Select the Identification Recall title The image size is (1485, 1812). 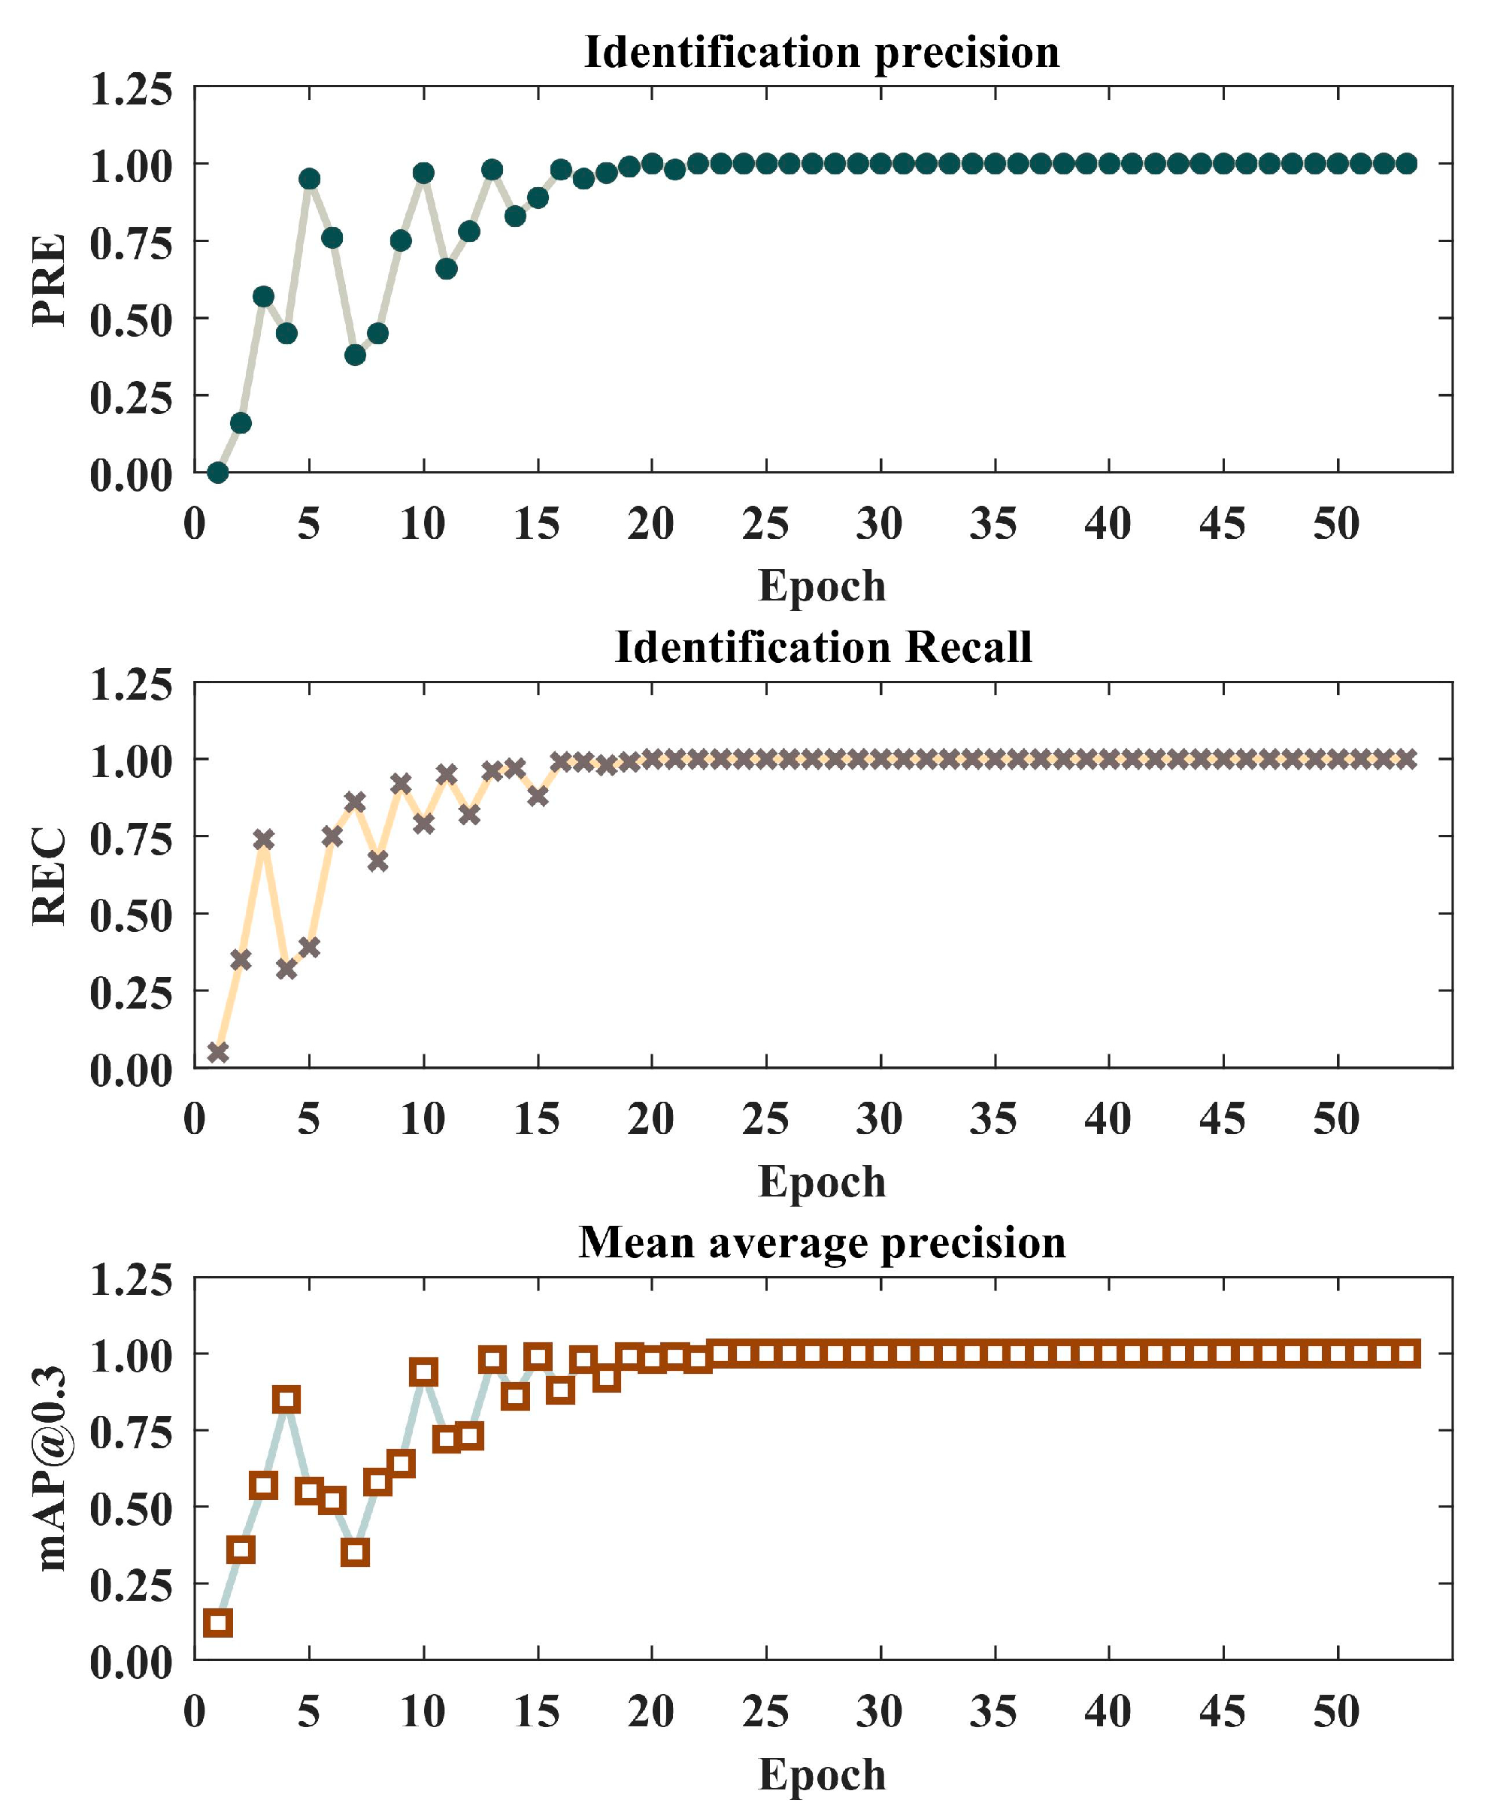point(823,647)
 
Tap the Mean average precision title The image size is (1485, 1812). point(822,1242)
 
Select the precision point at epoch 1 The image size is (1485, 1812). point(217,472)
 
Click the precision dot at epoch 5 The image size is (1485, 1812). point(310,179)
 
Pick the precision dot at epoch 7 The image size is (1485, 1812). point(355,354)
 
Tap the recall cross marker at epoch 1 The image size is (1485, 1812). point(218,1051)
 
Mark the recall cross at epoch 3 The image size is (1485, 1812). point(263,839)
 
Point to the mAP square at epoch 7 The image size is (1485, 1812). point(355,1552)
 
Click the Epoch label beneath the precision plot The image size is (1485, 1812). point(821,585)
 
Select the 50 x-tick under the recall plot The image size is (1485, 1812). point(1336,1118)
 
